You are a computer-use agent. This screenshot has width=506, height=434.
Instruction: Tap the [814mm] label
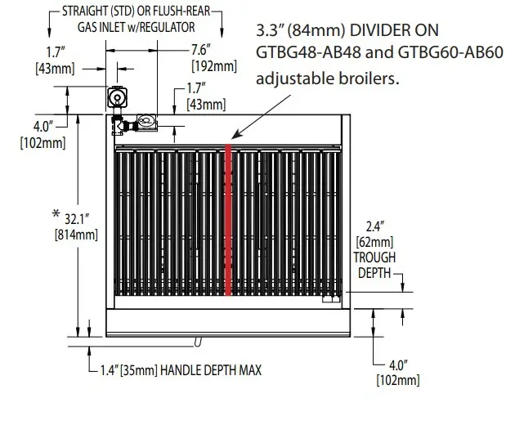point(77,235)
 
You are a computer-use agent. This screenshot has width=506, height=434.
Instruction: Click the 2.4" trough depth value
point(374,227)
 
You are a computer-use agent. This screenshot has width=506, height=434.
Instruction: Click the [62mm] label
point(374,242)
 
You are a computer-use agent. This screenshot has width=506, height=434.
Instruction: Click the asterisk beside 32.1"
point(56,214)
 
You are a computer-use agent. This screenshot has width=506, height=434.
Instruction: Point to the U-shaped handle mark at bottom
point(197,340)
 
